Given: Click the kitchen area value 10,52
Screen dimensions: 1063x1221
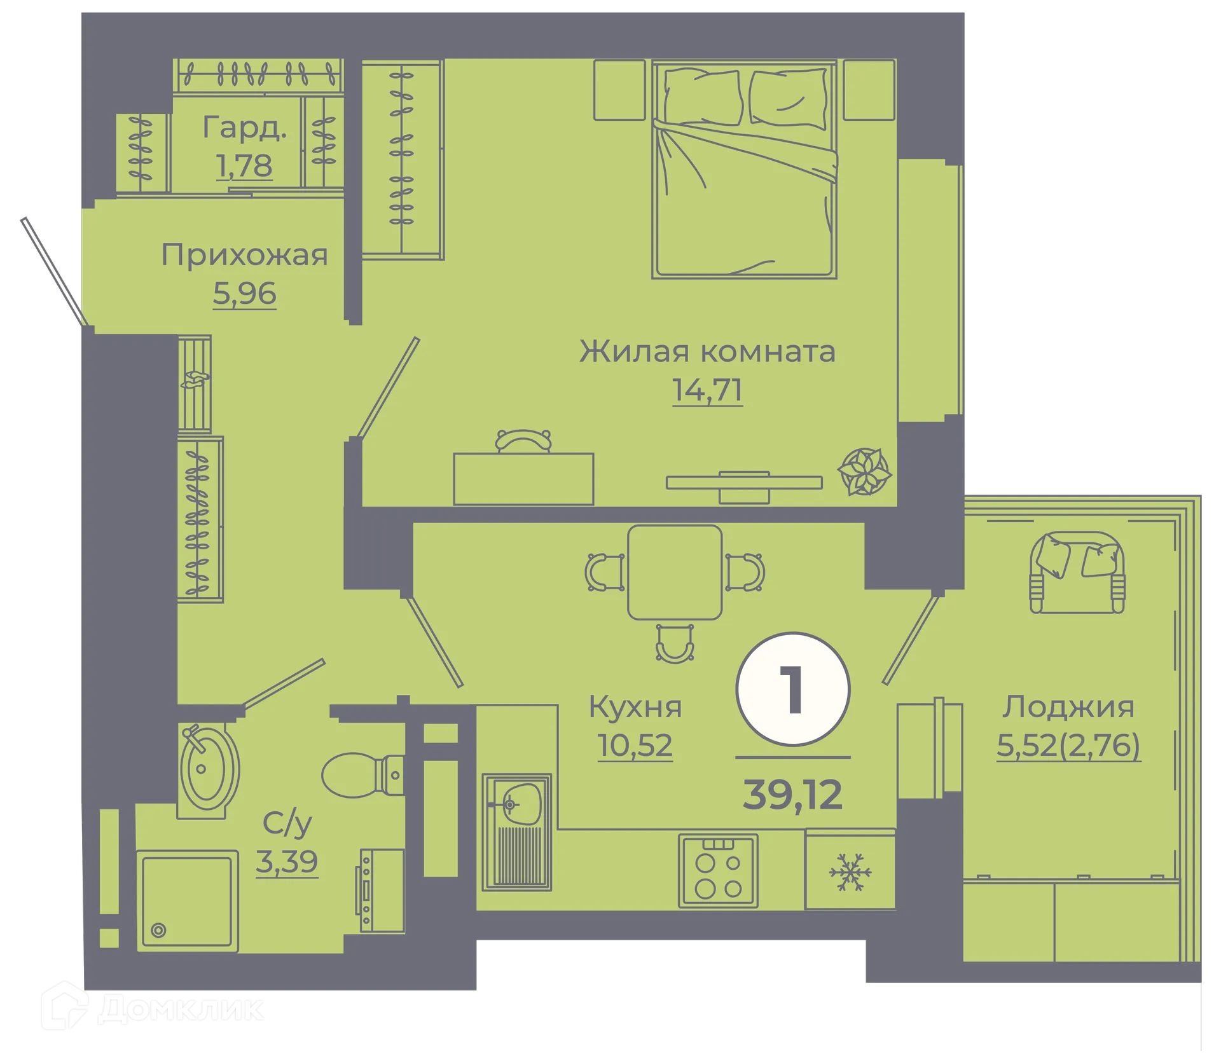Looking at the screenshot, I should click(x=635, y=745).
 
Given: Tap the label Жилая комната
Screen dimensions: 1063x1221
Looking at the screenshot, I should click(x=707, y=352).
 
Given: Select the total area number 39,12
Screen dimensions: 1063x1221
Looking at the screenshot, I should click(x=792, y=795).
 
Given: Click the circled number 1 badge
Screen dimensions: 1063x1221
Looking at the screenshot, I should click(x=792, y=690).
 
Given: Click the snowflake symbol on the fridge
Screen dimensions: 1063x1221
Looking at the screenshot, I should click(x=850, y=872).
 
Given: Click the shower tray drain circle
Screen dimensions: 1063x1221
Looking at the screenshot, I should click(x=159, y=931).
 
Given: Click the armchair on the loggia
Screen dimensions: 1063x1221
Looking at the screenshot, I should click(x=1077, y=572).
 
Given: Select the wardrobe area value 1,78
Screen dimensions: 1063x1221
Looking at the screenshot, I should click(x=244, y=166).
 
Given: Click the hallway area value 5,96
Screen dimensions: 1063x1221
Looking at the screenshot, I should click(x=244, y=294).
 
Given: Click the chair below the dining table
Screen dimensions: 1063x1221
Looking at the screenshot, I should click(x=675, y=643).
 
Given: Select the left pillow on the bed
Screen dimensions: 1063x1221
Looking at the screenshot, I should click(x=703, y=98).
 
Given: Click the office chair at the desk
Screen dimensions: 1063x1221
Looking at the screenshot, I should click(x=523, y=440).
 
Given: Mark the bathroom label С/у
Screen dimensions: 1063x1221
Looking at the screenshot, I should click(x=287, y=823).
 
